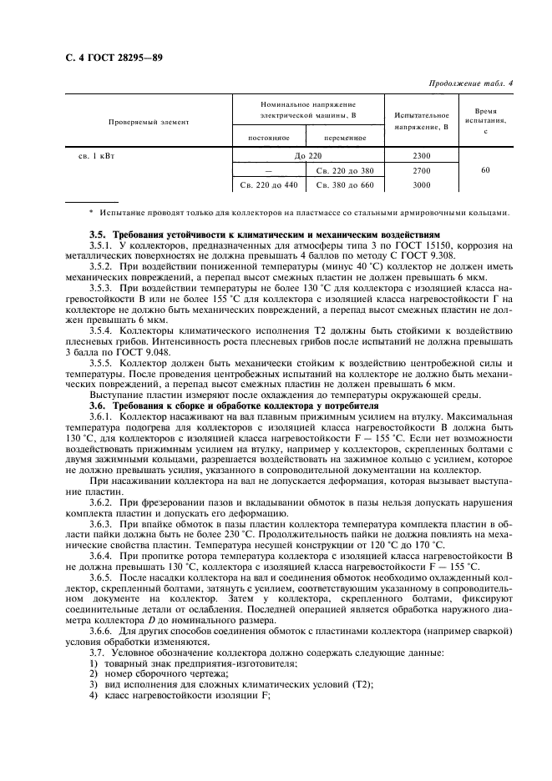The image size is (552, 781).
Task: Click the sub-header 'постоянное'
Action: coord(268,137)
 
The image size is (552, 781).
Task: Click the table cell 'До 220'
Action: coord(307,155)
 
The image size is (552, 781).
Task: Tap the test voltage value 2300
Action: coord(421,155)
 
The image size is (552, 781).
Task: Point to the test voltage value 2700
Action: coord(421,169)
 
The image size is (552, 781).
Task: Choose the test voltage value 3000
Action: coord(421,184)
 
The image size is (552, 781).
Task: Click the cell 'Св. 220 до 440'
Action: coord(268,184)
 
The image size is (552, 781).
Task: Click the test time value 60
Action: coord(485,169)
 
